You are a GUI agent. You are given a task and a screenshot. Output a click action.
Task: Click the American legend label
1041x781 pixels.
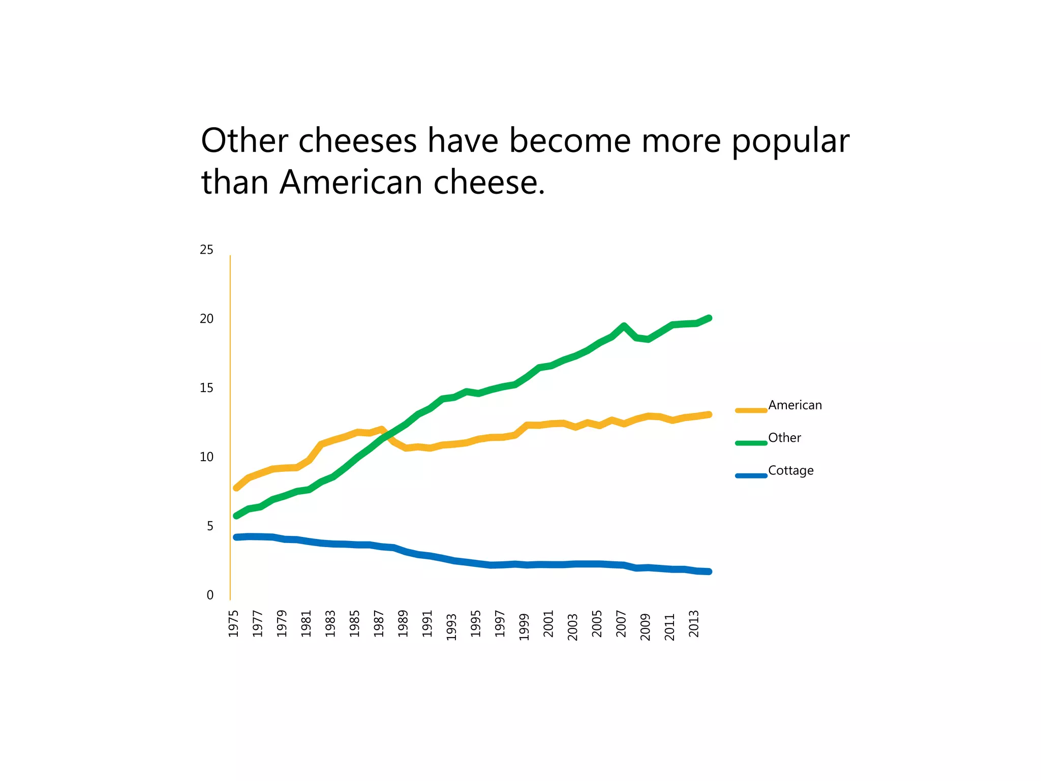tap(794, 405)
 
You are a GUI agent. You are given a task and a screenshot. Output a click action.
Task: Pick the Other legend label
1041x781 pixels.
tap(784, 438)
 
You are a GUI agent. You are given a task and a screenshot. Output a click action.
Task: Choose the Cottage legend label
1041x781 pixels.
tap(790, 471)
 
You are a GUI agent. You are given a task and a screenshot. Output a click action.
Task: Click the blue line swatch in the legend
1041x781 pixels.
tap(751, 476)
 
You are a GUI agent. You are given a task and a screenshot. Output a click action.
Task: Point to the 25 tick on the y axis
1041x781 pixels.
tap(206, 250)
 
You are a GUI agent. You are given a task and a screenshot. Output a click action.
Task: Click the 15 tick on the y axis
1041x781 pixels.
tap(206, 388)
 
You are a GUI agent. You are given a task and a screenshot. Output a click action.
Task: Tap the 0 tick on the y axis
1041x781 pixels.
tap(210, 595)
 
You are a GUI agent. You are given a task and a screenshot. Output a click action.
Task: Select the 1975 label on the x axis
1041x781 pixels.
tap(233, 623)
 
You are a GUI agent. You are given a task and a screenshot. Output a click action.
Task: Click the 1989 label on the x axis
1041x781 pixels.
tap(403, 623)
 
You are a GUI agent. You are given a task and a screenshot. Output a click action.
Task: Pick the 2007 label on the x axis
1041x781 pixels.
tap(621, 623)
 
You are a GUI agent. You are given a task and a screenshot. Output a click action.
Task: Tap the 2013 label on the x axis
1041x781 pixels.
tap(694, 623)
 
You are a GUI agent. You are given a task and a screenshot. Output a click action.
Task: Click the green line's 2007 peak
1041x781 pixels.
tap(624, 326)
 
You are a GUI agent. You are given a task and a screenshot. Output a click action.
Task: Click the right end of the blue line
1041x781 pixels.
tap(709, 572)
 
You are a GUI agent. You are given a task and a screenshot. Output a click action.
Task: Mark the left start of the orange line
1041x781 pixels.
tap(236, 488)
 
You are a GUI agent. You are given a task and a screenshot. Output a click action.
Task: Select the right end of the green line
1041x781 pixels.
tap(709, 318)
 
